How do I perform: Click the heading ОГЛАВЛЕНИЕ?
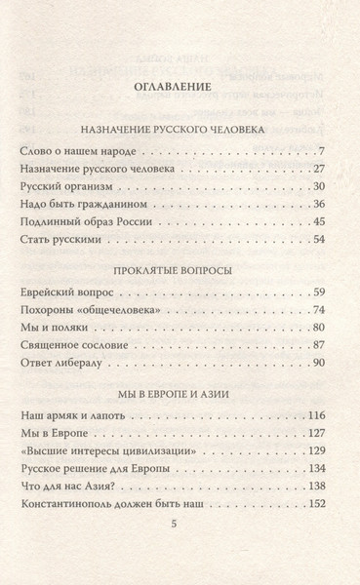tap(180, 91)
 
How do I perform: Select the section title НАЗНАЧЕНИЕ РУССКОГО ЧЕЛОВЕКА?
tap(180, 127)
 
